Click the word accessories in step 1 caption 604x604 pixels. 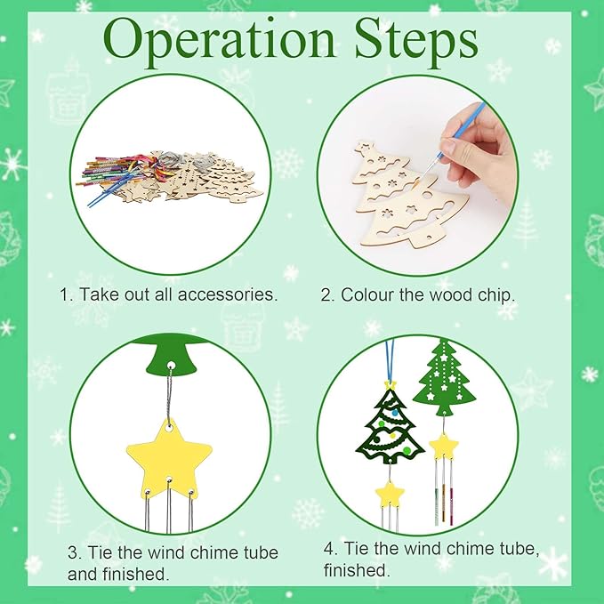click(x=230, y=294)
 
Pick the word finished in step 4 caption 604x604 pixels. click(x=356, y=570)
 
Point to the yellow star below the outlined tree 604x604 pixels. click(x=389, y=491)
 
